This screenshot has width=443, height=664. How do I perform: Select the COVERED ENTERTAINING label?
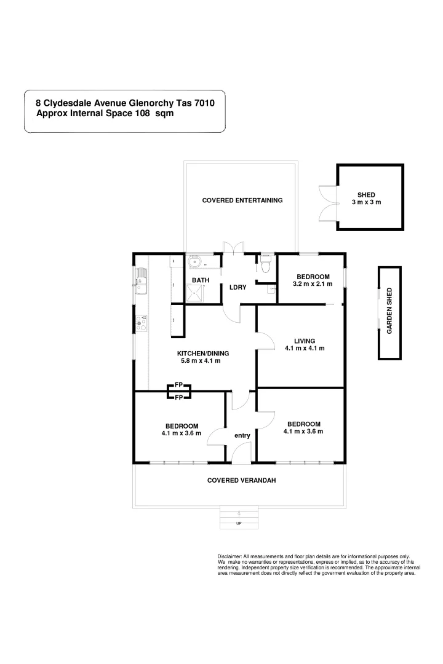[242, 200]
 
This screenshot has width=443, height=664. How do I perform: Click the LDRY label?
[238, 287]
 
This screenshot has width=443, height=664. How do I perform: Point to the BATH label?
[201, 280]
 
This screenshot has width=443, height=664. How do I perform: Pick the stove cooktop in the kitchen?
[142, 321]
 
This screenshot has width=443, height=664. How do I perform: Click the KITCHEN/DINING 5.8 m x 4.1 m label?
[203, 357]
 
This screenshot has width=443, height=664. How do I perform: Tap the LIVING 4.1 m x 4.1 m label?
[305, 344]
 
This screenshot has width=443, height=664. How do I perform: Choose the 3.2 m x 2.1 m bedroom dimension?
[313, 284]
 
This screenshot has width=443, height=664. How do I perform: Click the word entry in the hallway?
[242, 435]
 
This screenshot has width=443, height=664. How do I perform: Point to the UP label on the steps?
[239, 523]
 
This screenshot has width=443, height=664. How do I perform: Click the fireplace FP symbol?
[179, 391]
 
